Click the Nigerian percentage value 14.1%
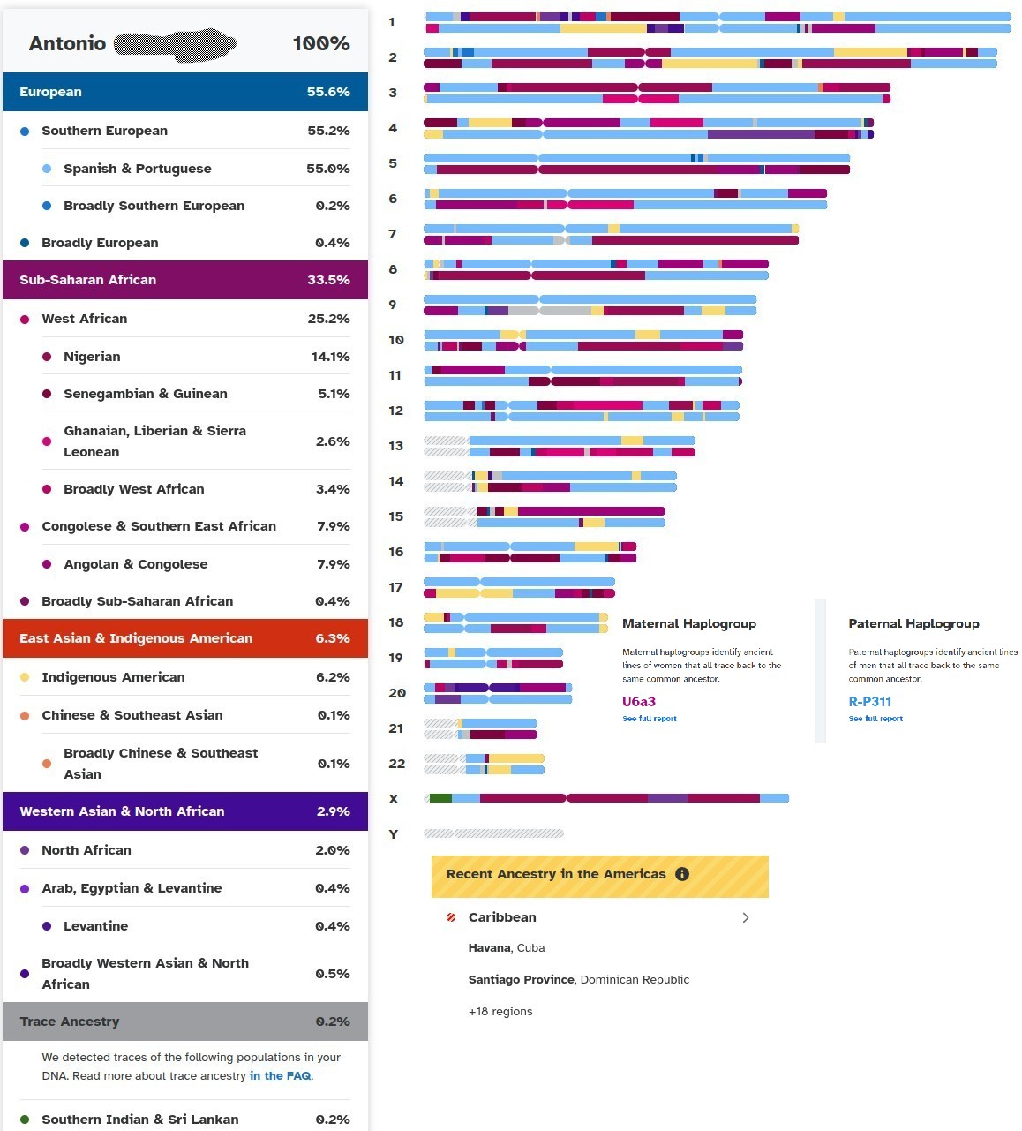pos(330,357)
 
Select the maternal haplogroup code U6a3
pos(639,702)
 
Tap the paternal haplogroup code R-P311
pos(869,702)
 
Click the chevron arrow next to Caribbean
pos(746,917)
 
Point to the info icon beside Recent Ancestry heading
pos(681,874)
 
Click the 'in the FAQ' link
pos(281,1075)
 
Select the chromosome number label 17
pos(395,587)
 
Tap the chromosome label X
pos(394,799)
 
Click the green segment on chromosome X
pos(440,798)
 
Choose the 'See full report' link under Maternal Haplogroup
pos(650,719)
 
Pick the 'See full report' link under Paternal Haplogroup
pos(875,719)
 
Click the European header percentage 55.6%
pos(328,92)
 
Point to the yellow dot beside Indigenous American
pos(25,677)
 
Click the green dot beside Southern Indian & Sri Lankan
pos(25,1120)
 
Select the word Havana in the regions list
pos(490,948)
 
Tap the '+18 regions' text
pos(500,1012)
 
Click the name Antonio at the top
pos(67,43)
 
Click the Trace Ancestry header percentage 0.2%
pos(333,1022)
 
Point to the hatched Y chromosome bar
pos(493,833)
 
